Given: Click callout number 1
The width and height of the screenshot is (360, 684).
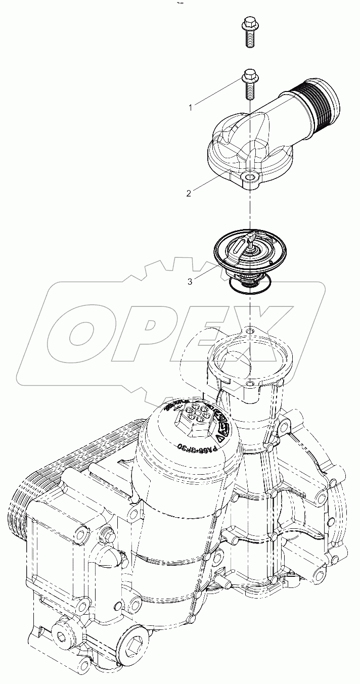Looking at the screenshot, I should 190,107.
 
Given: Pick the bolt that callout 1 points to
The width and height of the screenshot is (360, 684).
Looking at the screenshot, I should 248,84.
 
